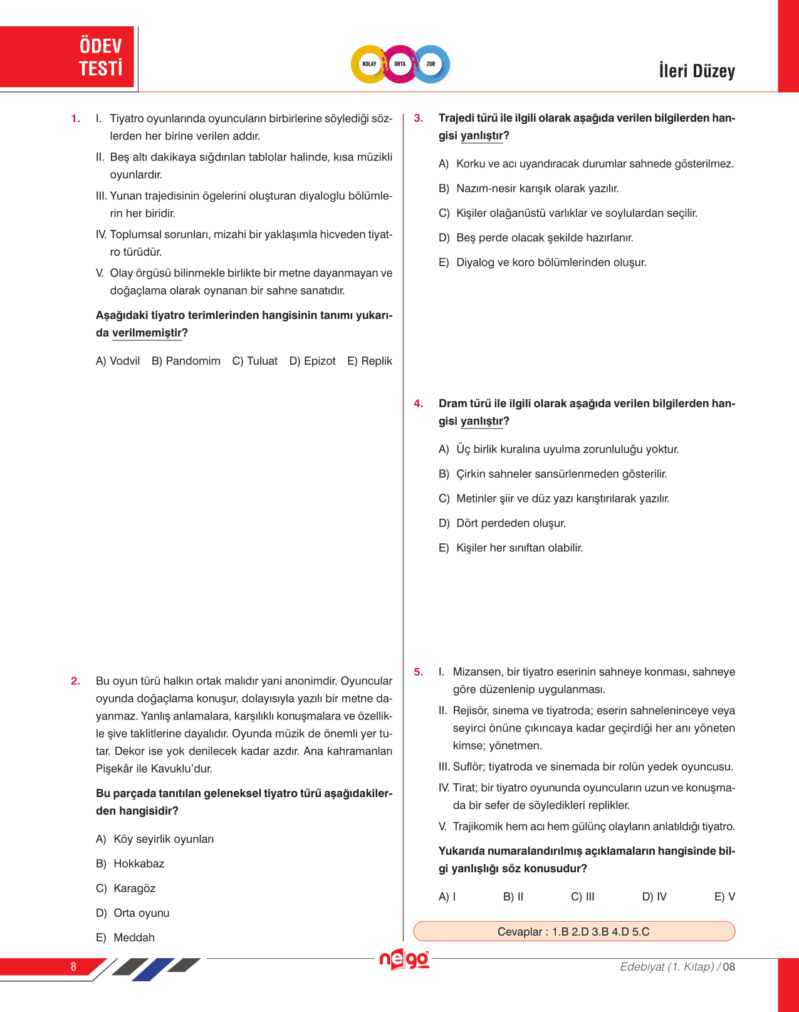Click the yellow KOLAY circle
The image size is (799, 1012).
pyautogui.click(x=369, y=64)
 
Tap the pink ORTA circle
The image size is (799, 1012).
pyautogui.click(x=400, y=64)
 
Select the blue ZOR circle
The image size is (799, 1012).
pyautogui.click(x=431, y=64)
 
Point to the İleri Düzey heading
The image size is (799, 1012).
pyautogui.click(x=697, y=71)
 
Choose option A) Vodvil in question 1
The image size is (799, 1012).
pyautogui.click(x=118, y=361)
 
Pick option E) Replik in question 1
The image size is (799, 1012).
pyautogui.click(x=370, y=361)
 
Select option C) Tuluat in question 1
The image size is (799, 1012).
pyautogui.click(x=255, y=361)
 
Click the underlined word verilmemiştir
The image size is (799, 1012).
pyautogui.click(x=147, y=333)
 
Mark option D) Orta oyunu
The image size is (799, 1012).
pyautogui.click(x=133, y=913)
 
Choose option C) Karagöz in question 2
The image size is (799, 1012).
pyautogui.click(x=126, y=889)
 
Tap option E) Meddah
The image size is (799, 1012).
pyautogui.click(x=125, y=937)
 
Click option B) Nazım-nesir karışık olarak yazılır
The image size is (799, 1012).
pyautogui.click(x=529, y=189)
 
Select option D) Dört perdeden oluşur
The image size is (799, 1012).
pyautogui.click(x=503, y=523)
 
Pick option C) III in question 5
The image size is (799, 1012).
pyautogui.click(x=583, y=897)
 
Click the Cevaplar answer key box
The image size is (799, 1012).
pyautogui.click(x=573, y=931)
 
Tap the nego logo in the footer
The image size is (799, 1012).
pyautogui.click(x=404, y=959)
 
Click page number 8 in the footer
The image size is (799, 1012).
pyautogui.click(x=73, y=966)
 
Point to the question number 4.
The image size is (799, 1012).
pyautogui.click(x=419, y=404)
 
